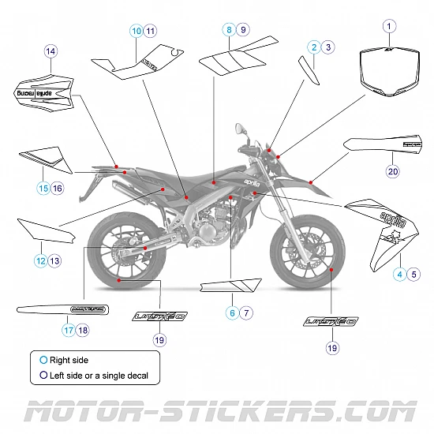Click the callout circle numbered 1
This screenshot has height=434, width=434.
pos(388,26)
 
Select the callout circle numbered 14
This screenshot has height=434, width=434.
pos(51,52)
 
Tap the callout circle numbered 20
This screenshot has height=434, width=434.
pos(393,170)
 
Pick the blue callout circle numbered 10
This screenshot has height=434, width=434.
pos(137,31)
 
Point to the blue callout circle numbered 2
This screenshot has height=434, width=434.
pos(314,47)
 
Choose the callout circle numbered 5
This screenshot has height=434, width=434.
pos(414,275)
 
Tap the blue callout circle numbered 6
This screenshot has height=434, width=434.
pos(232,312)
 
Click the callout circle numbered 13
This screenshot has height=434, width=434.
pos(54,260)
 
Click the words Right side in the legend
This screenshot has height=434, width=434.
pos(69,360)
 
